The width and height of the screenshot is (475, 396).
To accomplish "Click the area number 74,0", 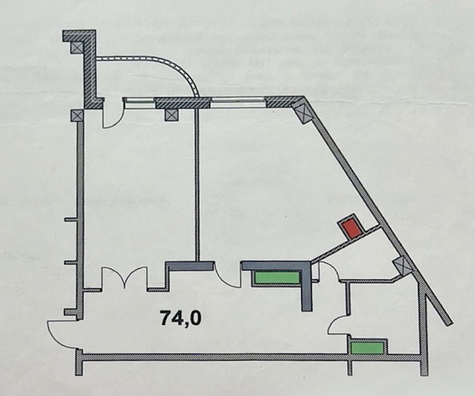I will (x=180, y=317).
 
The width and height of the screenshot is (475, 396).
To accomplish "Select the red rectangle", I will (x=351, y=227).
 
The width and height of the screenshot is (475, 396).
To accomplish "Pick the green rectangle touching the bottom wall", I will (x=367, y=347).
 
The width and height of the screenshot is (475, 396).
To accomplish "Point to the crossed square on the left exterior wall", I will (x=76, y=115).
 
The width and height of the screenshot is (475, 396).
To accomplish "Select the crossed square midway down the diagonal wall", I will (x=402, y=265).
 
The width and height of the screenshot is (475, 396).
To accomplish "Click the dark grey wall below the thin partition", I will (x=189, y=266).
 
